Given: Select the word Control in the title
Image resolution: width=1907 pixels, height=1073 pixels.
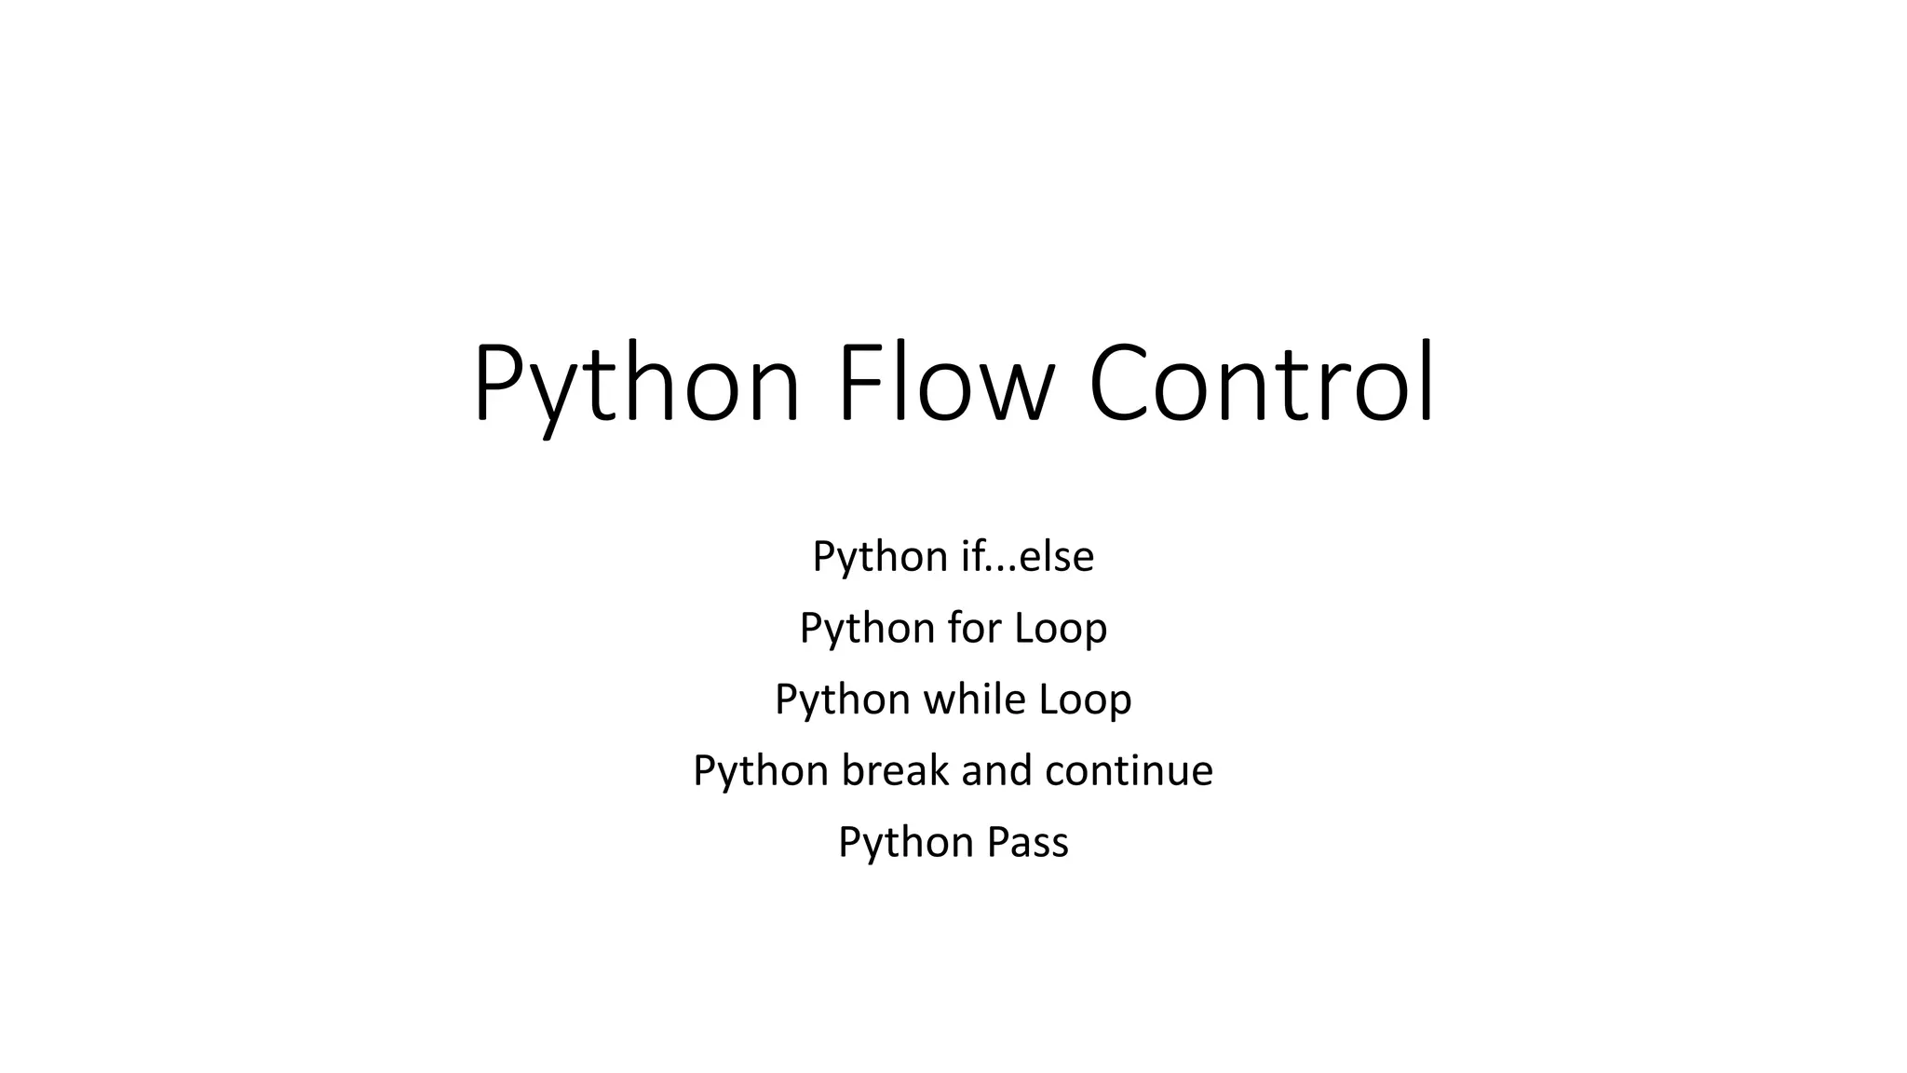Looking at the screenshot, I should [1262, 384].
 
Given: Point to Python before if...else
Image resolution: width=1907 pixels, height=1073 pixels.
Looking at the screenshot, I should [880, 558].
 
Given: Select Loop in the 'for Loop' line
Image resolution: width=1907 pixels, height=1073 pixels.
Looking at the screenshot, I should [1061, 629].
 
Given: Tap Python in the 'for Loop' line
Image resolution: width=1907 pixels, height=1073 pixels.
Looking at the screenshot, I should [867, 630].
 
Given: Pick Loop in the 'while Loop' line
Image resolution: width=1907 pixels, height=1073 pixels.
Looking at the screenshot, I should [1085, 700].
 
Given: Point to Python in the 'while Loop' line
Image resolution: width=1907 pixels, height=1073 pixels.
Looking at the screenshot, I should [842, 700].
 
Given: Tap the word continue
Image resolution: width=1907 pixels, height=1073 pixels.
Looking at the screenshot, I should [1129, 770].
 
